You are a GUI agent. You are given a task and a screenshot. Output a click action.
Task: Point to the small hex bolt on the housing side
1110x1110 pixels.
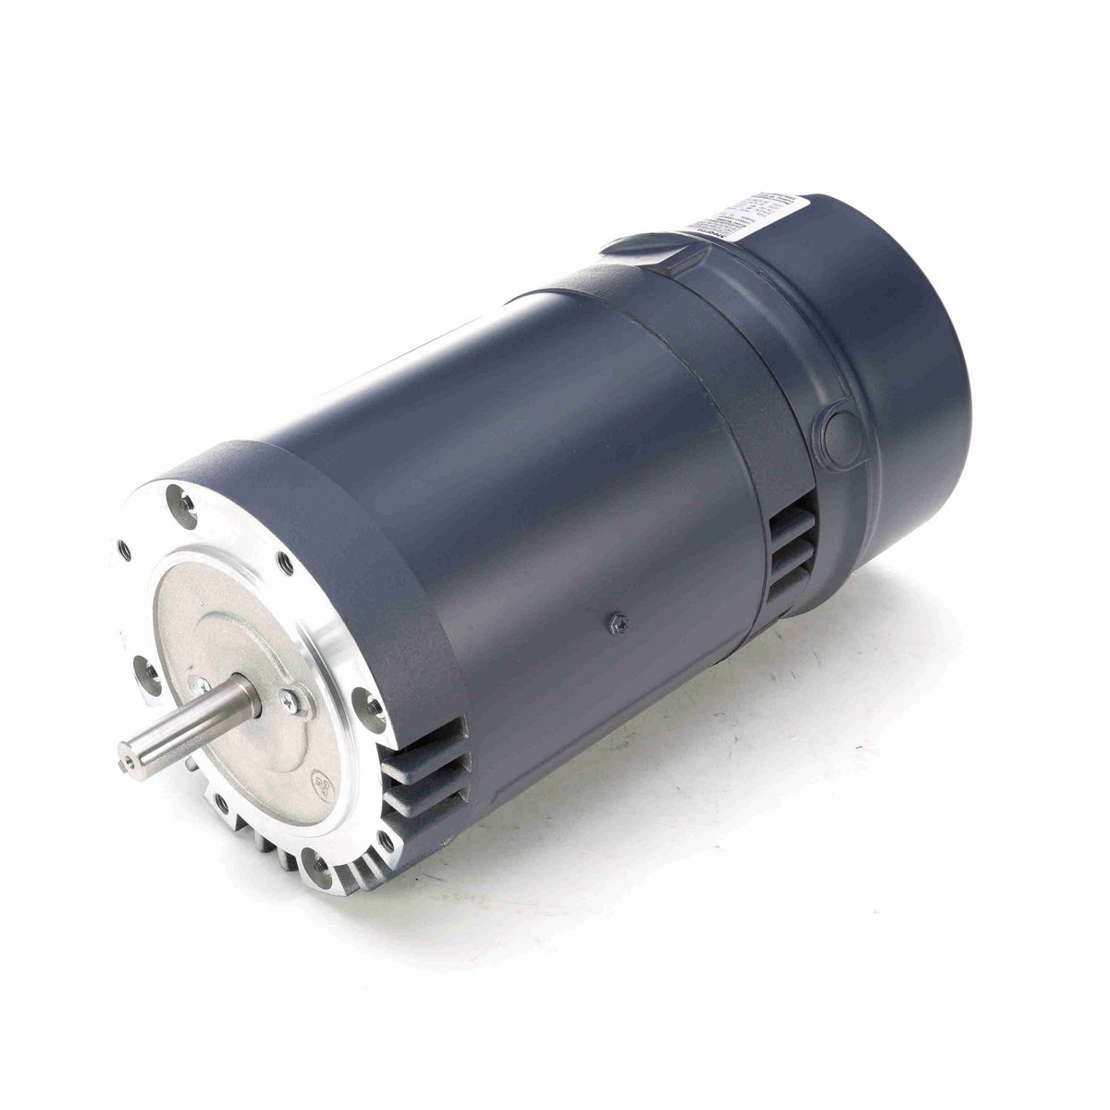[x=613, y=624]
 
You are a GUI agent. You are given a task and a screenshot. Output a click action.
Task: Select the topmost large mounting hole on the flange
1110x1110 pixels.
[x=181, y=504]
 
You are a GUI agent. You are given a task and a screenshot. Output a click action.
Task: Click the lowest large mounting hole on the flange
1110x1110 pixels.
[x=319, y=868]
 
